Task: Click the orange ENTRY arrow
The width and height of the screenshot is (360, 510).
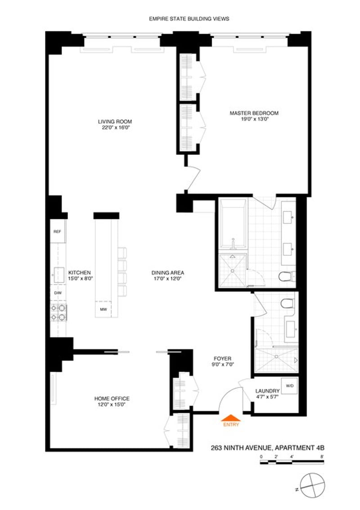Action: coord(230,418)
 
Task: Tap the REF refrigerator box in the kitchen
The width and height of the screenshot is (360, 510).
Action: coord(58,231)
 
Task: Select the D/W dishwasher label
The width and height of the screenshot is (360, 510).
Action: coord(58,293)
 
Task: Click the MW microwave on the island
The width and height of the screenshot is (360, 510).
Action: coord(103,309)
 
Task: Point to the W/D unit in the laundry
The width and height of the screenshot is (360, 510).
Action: coord(289,386)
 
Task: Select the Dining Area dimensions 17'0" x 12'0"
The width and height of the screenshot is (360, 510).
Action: coord(168,279)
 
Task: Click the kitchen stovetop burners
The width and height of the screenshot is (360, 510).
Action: coord(58,312)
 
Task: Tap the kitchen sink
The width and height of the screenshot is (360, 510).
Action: coord(59,275)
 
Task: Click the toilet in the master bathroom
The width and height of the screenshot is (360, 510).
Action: coord(287,276)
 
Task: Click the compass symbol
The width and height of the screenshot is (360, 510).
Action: coord(312,483)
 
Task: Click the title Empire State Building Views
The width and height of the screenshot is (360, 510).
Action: coord(189,19)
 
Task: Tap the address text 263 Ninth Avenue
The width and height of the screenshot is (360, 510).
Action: coord(241,448)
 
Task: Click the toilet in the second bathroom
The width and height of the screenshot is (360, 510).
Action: coord(288,303)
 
